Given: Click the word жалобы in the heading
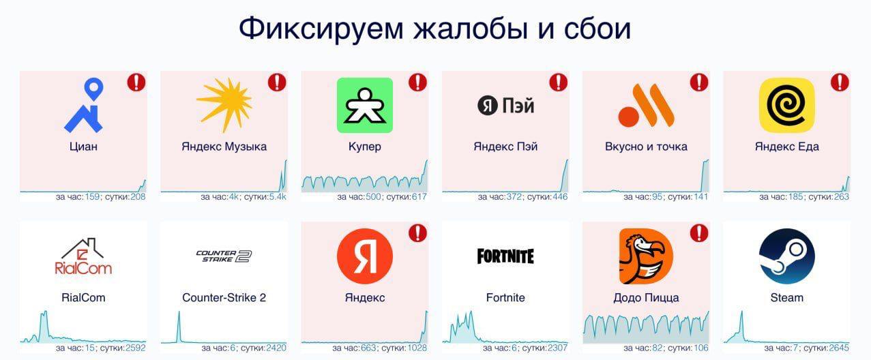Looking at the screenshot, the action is [x=471, y=29].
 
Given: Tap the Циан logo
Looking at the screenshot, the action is [x=84, y=106].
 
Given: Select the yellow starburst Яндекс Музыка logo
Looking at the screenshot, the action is [x=224, y=105].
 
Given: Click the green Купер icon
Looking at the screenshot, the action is [x=365, y=106].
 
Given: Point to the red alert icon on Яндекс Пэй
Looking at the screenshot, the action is [x=559, y=82].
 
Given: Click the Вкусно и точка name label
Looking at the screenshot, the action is [x=646, y=147].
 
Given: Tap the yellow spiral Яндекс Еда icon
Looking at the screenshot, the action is [x=787, y=106].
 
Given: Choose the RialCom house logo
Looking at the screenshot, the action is [x=83, y=256].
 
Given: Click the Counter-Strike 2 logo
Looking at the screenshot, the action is [x=224, y=256].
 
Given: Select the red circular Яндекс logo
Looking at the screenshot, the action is [x=365, y=256].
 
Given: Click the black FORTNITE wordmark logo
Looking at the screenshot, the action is [x=505, y=256].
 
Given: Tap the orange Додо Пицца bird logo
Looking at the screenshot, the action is [x=646, y=256].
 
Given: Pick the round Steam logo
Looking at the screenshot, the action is [x=787, y=256].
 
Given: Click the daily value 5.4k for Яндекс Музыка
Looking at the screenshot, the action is [x=278, y=197].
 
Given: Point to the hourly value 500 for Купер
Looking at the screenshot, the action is [x=373, y=197].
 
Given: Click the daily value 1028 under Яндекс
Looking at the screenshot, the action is [x=417, y=348].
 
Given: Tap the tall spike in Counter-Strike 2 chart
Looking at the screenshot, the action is [x=179, y=326].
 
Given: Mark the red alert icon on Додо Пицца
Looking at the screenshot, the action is [x=699, y=233].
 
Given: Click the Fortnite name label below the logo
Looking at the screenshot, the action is [x=505, y=297].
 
